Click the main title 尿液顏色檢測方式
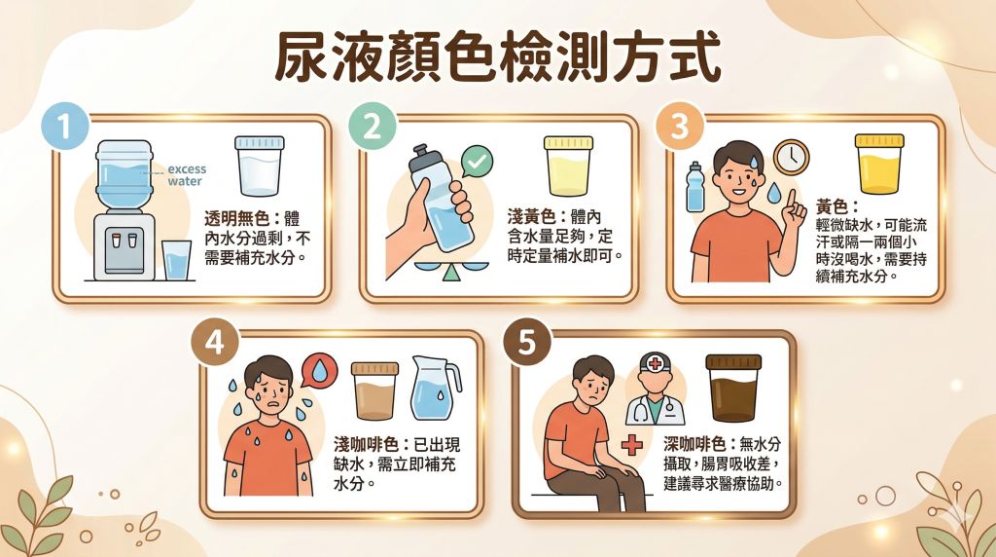pyautogui.click(x=498, y=58)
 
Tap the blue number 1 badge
pyautogui.click(x=63, y=129)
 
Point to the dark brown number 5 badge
pyautogui.click(x=525, y=344)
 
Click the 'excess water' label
pyautogui.click(x=186, y=174)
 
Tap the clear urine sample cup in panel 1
pyautogui.click(x=260, y=167)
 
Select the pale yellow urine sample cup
pyautogui.click(x=569, y=167)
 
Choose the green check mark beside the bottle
pyautogui.click(x=476, y=161)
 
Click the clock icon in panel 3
pyautogui.click(x=792, y=157)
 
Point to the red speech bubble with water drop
pyautogui.click(x=319, y=371)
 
